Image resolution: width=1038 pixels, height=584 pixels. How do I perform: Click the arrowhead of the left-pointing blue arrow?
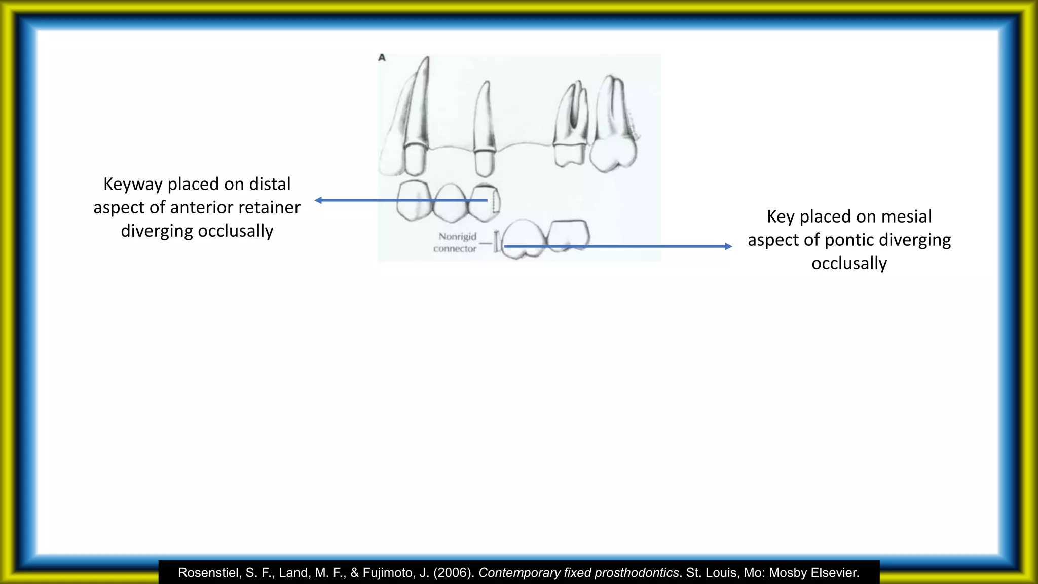(318, 200)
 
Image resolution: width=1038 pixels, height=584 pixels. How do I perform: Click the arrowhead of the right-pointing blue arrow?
(728, 246)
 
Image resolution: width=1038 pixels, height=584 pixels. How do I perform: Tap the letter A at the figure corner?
(382, 58)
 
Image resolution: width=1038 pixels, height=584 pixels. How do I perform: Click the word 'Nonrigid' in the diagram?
(457, 237)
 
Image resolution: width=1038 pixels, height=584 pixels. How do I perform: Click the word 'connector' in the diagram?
(455, 249)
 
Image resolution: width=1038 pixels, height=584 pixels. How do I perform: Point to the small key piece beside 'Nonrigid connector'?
(497, 241)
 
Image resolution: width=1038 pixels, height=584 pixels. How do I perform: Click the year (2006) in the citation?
(454, 573)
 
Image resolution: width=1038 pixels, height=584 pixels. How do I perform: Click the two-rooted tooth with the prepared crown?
(571, 127)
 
